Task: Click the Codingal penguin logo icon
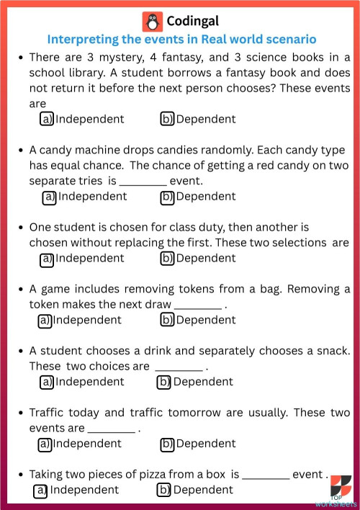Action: point(153,21)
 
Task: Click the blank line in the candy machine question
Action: point(143,182)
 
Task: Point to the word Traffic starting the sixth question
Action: point(48,413)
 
